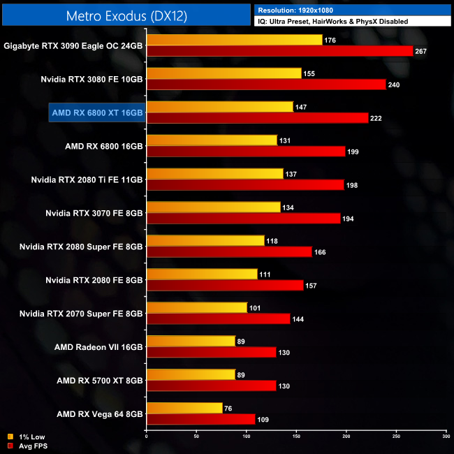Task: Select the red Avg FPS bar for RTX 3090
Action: [x=279, y=51]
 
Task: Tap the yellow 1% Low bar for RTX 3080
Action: [x=224, y=73]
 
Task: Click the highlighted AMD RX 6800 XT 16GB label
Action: [x=97, y=112]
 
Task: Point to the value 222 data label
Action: [x=378, y=118]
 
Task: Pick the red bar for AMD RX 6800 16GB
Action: [x=246, y=152]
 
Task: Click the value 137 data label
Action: [x=292, y=174]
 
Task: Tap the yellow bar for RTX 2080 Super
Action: [x=205, y=241]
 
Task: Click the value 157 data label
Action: [x=313, y=286]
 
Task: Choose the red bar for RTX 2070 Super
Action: [x=218, y=319]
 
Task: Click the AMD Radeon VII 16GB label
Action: [x=98, y=346]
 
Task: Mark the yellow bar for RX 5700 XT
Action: [x=191, y=375]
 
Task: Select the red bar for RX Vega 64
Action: [x=200, y=420]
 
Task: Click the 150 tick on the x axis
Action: [x=296, y=438]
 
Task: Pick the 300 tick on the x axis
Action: [x=446, y=438]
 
